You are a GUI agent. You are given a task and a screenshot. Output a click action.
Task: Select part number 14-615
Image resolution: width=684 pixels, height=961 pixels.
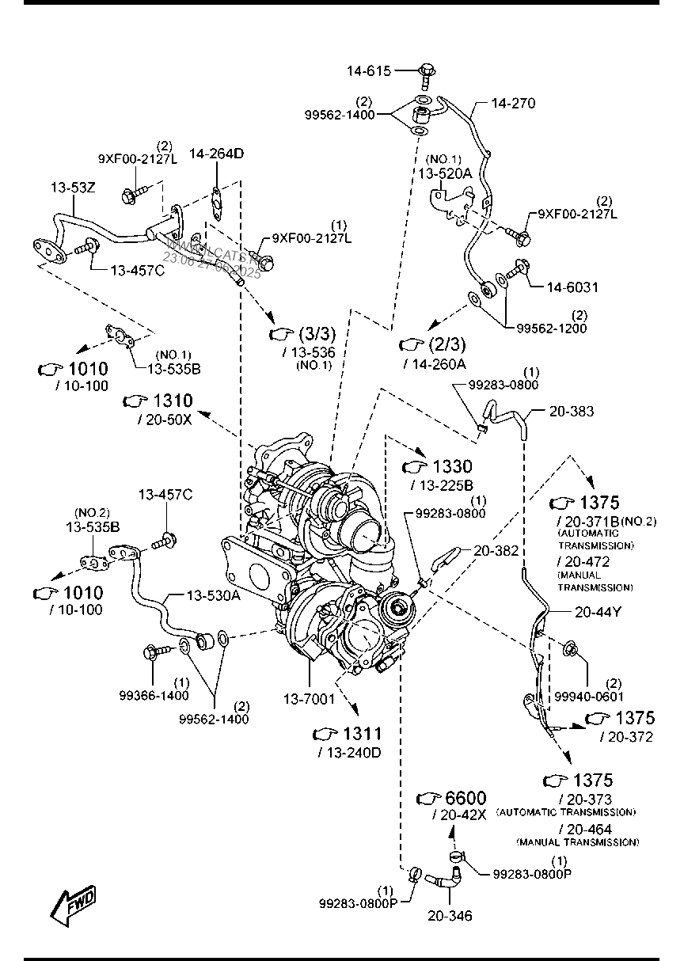(368, 71)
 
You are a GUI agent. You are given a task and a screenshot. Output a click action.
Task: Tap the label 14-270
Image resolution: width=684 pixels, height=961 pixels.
(513, 103)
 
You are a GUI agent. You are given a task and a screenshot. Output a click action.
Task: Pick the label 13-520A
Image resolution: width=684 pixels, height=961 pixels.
(444, 173)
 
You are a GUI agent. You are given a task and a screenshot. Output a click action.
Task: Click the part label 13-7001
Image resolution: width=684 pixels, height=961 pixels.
(310, 699)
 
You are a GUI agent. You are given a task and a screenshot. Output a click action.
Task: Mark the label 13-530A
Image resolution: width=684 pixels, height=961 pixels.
(213, 596)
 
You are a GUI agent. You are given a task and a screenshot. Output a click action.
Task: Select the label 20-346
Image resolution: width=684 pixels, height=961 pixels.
(450, 916)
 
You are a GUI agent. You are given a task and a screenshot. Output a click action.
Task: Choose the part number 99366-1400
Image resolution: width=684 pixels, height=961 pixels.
(154, 696)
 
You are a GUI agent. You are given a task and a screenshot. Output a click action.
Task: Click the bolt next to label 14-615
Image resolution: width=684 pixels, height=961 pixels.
(426, 74)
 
